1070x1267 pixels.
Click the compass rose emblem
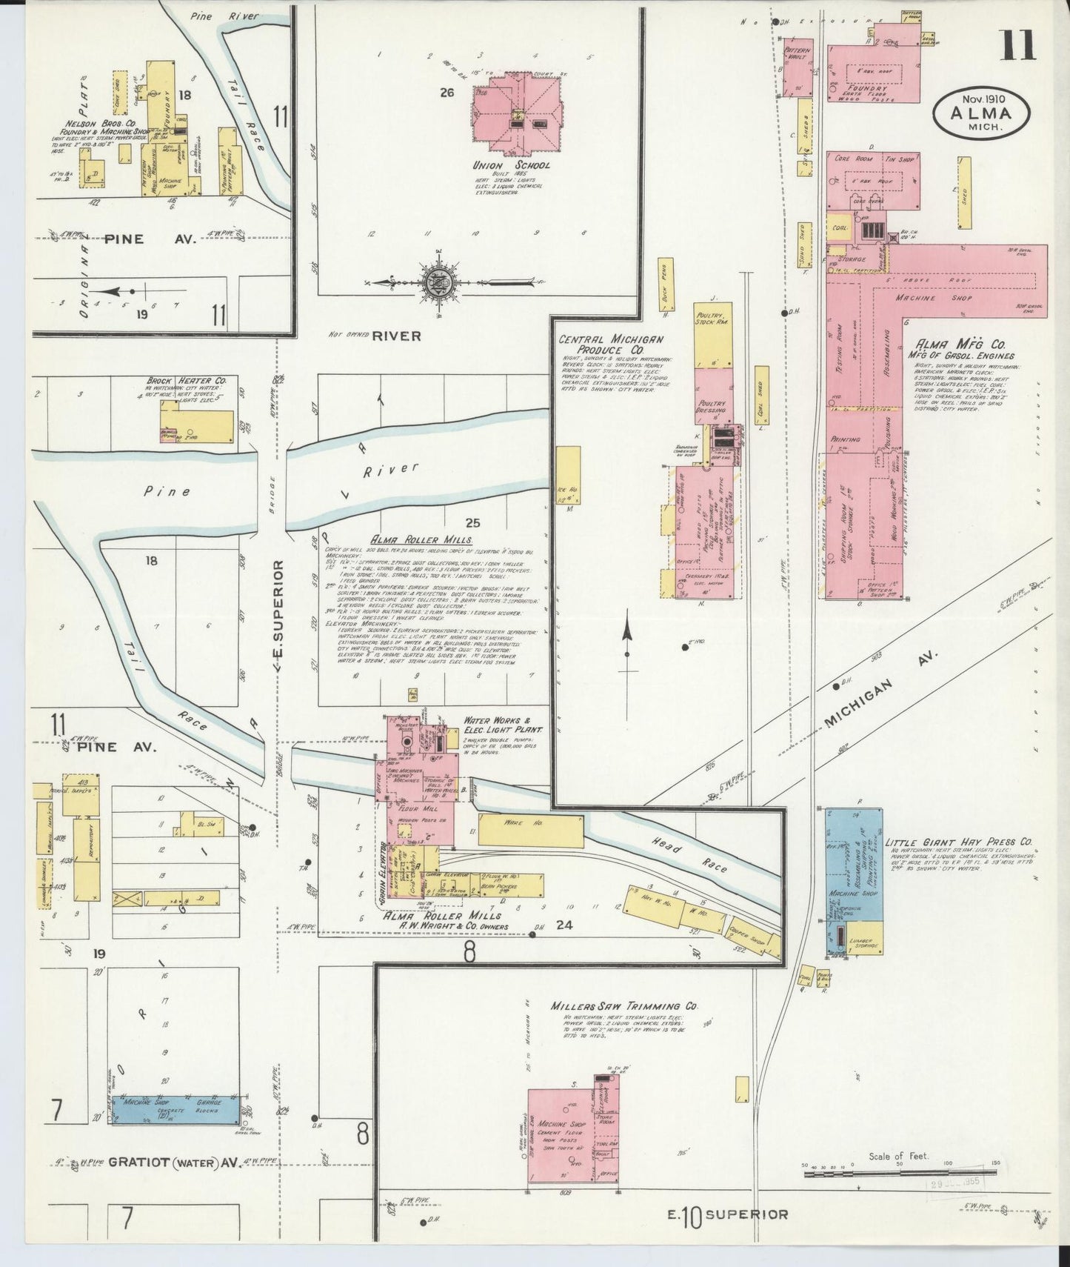432,282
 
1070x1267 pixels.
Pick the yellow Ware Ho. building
530,829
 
